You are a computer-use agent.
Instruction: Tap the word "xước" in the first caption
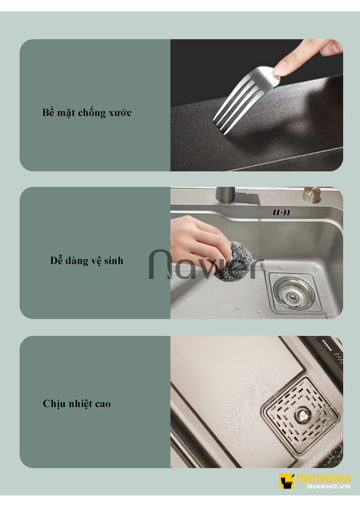pyautogui.click(x=120, y=113)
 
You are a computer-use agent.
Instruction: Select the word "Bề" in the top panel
pyautogui.click(x=48, y=112)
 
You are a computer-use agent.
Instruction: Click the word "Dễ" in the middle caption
pyautogui.click(x=57, y=260)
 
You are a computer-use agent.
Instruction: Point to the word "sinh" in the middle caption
pyautogui.click(x=113, y=261)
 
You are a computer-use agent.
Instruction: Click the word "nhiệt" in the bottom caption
pyautogui.click(x=80, y=404)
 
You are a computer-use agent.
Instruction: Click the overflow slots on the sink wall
pyautogui.click(x=282, y=212)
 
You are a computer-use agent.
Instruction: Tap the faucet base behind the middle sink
pyautogui.click(x=226, y=195)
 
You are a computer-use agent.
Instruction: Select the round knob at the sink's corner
pyautogui.click(x=312, y=195)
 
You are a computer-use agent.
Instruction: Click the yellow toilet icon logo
pyautogui.click(x=287, y=481)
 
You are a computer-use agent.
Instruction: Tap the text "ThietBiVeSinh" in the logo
pyautogui.click(x=323, y=478)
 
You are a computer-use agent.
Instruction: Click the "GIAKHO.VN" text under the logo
pyautogui.click(x=329, y=486)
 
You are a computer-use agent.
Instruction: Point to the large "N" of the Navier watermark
pyautogui.click(x=160, y=264)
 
